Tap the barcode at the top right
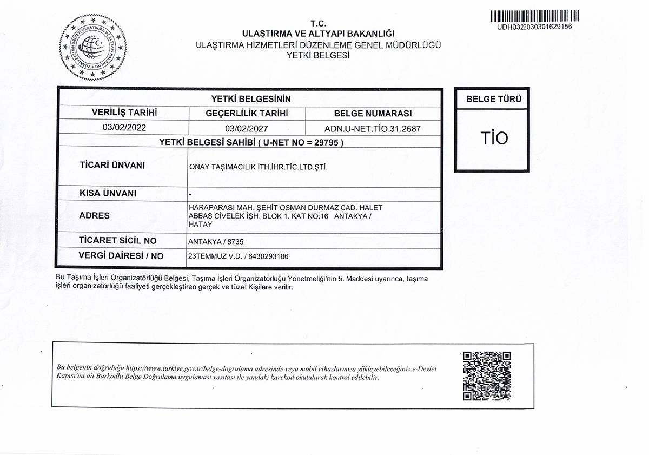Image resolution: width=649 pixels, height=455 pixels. click(534, 16)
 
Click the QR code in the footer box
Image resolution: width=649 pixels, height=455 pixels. click(487, 375)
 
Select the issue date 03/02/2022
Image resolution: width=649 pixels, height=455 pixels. click(124, 128)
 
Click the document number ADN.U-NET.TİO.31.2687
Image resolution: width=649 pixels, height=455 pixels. click(373, 129)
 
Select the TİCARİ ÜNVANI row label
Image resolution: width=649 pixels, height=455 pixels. click(112, 166)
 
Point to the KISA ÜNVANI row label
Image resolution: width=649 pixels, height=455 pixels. click(108, 194)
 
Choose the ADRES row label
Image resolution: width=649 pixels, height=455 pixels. click(94, 215)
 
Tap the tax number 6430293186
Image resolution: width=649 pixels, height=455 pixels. click(269, 256)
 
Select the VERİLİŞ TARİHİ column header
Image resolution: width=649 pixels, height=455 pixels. click(124, 113)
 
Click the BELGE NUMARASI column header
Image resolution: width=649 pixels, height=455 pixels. click(373, 114)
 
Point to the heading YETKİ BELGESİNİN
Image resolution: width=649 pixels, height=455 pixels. click(251, 98)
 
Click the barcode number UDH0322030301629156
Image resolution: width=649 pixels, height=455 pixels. click(534, 27)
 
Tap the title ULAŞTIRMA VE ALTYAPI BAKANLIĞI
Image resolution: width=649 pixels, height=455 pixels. click(319, 34)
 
